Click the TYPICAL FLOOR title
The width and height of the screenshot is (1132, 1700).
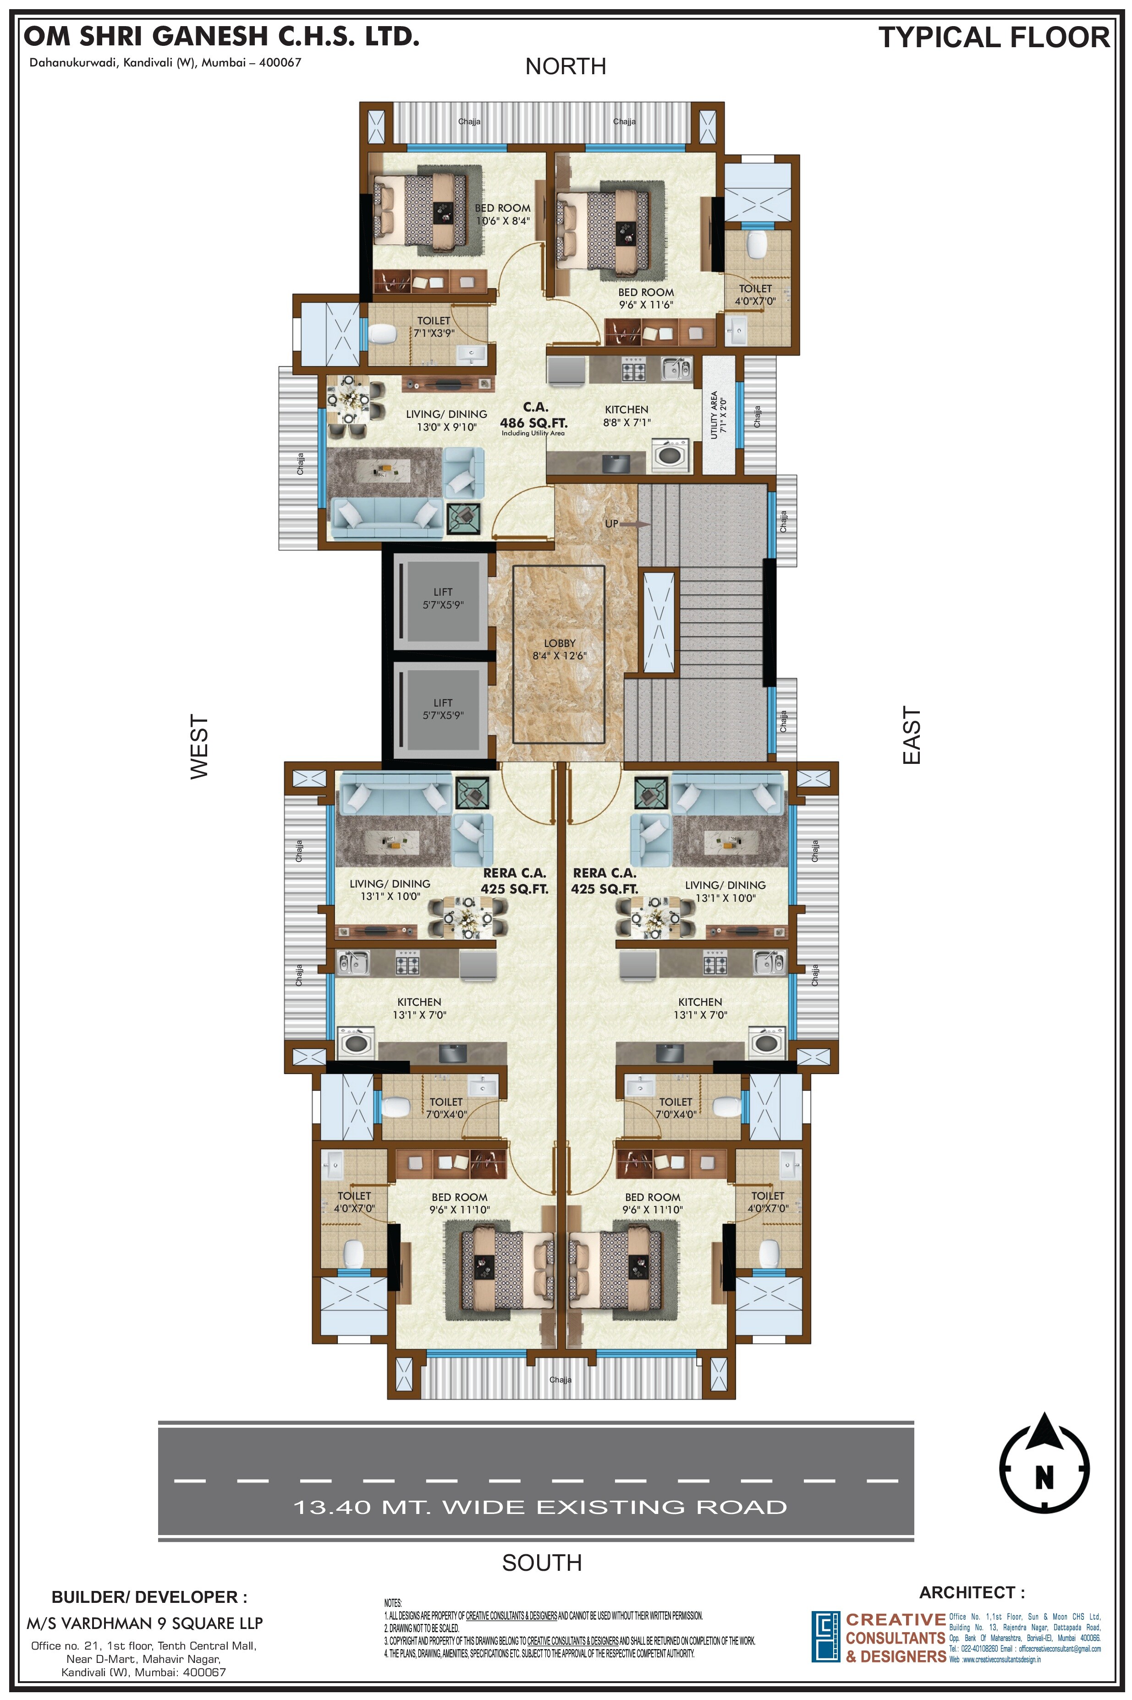(x=994, y=38)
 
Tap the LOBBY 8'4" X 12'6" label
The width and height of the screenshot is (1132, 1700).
(x=560, y=649)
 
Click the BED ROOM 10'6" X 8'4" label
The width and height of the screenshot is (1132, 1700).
(x=502, y=214)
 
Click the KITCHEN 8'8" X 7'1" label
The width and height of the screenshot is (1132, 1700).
(x=626, y=415)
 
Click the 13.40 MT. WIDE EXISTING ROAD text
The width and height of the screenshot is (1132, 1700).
(x=539, y=1507)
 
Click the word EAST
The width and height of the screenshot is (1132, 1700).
(x=912, y=735)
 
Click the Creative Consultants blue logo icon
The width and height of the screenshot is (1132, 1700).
(x=825, y=1636)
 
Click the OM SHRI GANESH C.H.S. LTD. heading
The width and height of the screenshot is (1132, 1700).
(x=222, y=36)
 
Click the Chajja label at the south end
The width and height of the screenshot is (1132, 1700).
(x=560, y=1380)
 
